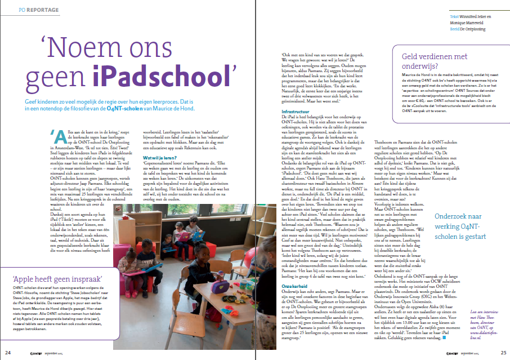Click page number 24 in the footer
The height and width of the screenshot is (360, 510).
7,352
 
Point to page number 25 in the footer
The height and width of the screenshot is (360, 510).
503,352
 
